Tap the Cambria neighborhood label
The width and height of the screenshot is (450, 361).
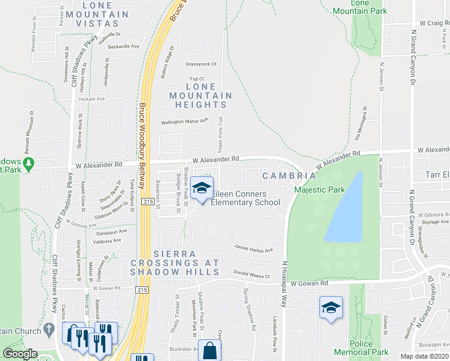[x=289, y=176]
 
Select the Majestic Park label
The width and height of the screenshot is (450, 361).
[x=319, y=190]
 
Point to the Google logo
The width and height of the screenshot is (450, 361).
[x=20, y=354]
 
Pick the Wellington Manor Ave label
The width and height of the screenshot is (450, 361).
[x=184, y=121]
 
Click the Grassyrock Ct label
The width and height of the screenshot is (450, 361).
[x=200, y=64]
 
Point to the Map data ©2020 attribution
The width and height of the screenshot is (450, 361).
[x=425, y=356]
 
